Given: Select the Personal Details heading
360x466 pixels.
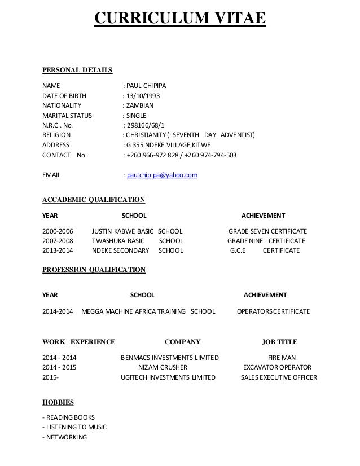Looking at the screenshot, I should pyautogui.click(x=77, y=70).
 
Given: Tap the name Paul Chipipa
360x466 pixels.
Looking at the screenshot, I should pyautogui.click(x=146, y=86).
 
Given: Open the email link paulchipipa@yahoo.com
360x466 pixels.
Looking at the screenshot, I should pyautogui.click(x=162, y=175).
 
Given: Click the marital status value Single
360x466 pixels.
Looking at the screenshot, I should pyautogui.click(x=136, y=115).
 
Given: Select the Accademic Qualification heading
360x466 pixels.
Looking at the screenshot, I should pyautogui.click(x=94, y=199).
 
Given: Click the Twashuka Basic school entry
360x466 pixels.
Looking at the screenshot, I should pyautogui.click(x=138, y=241).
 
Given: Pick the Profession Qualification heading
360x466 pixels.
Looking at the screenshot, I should pyautogui.click(x=94, y=270).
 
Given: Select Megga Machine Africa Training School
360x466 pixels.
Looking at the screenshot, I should pyautogui.click(x=148, y=311).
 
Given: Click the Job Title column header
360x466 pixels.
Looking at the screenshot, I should pyautogui.click(x=279, y=341).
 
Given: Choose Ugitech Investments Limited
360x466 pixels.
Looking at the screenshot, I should pyautogui.click(x=168, y=377).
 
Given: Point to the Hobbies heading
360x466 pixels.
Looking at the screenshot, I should pyautogui.click(x=58, y=403).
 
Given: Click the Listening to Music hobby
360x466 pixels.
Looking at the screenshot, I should pyautogui.click(x=74, y=427).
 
